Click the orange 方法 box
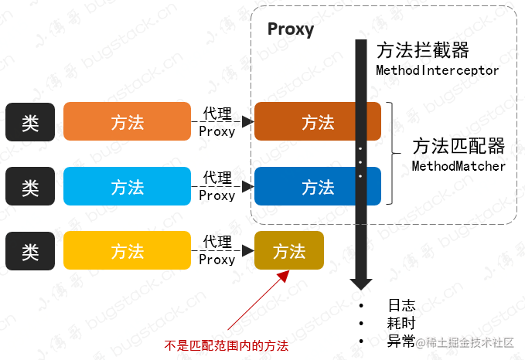point(127,121)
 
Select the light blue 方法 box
point(127,186)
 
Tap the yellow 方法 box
point(127,250)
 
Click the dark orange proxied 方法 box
point(317,121)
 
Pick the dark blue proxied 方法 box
point(317,186)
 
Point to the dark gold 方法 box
point(289,250)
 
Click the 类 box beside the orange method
point(30,121)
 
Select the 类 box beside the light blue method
point(30,186)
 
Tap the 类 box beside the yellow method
point(30,250)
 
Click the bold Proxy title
point(290,30)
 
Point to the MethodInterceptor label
point(437,70)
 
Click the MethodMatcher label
point(459,166)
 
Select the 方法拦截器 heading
point(423,51)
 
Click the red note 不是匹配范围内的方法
point(227,346)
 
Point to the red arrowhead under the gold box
point(285,275)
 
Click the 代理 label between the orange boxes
point(216,114)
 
